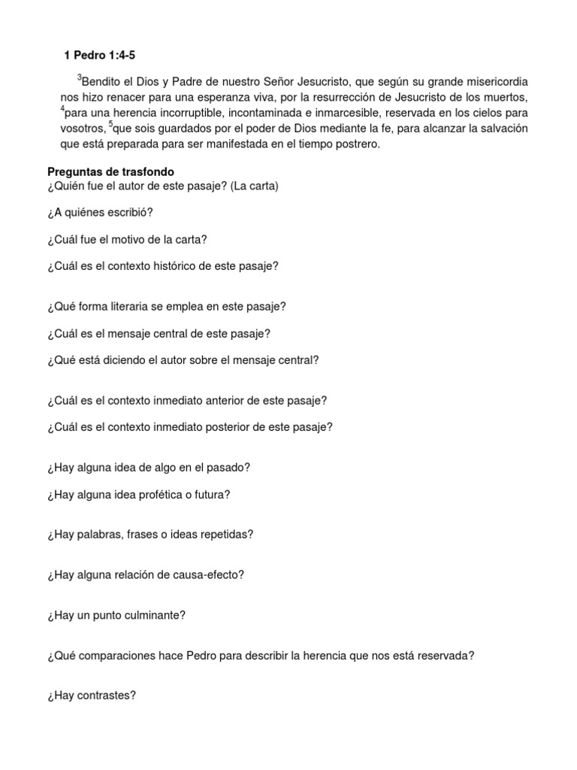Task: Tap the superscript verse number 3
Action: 79,77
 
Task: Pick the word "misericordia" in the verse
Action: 495,81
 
